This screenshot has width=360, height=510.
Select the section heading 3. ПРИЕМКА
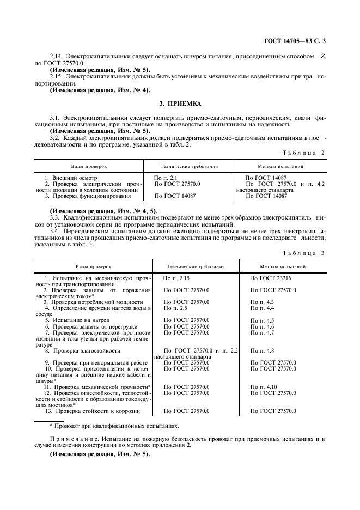coord(180,103)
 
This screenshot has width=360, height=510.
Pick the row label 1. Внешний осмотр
coord(71,178)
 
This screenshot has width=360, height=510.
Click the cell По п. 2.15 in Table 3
coord(176,278)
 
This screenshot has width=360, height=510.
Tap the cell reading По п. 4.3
coord(262,302)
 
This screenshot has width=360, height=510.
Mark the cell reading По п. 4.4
coord(262,308)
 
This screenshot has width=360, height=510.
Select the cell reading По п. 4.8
coord(262,351)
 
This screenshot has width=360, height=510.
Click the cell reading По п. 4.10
coord(263,387)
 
